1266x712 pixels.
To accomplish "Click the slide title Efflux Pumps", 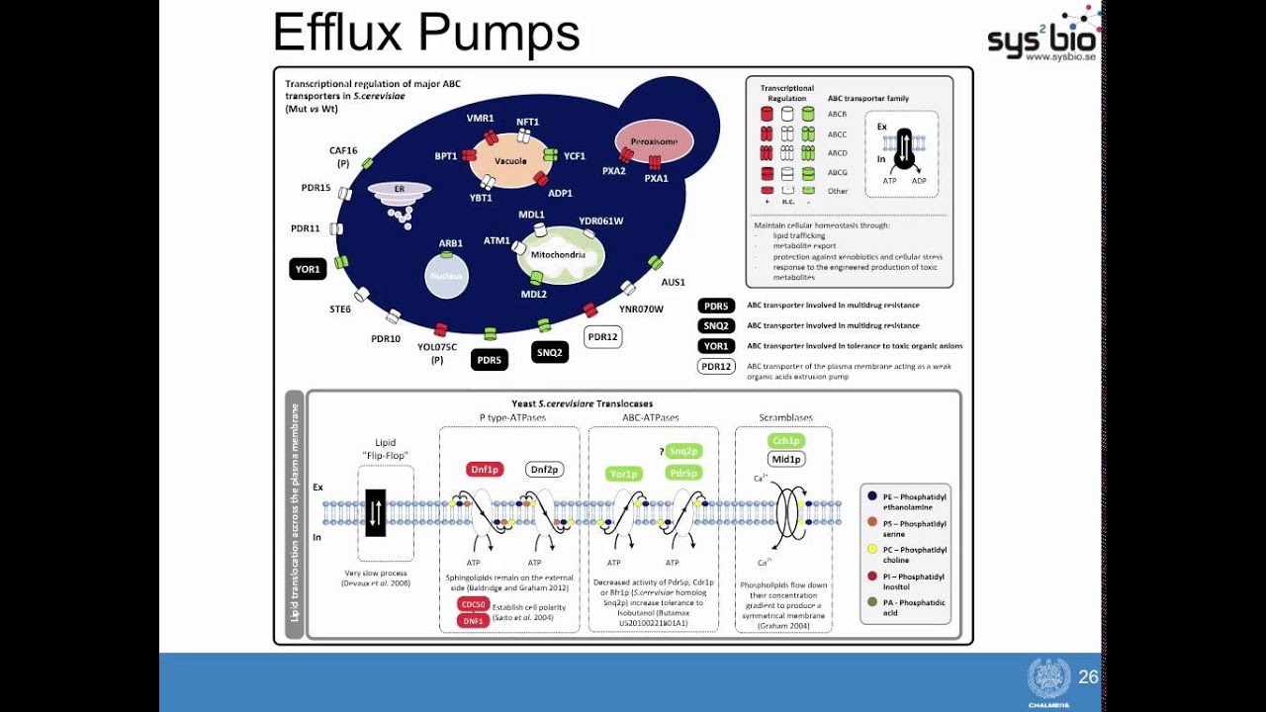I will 425,33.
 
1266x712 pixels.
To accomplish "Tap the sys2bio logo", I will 1042,40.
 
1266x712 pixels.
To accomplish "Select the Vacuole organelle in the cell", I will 510,160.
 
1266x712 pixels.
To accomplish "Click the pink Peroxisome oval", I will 654,141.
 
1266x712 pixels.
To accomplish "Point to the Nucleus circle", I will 447,276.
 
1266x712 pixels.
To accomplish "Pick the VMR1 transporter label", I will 481,118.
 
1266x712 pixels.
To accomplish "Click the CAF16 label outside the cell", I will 343,151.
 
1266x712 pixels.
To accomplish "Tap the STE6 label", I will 340,310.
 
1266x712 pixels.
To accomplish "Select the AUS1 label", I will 673,283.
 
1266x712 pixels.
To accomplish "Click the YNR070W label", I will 641,310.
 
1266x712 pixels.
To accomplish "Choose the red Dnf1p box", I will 485,470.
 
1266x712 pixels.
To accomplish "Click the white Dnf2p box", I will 545,470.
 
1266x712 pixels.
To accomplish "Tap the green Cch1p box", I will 786,441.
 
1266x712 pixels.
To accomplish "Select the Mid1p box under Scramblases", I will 786,459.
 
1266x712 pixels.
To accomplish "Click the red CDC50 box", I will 473,604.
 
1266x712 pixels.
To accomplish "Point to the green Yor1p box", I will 624,474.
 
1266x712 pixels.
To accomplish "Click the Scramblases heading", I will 785,417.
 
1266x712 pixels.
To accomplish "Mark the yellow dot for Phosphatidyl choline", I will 872,550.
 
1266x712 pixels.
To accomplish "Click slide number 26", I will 1088,677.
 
